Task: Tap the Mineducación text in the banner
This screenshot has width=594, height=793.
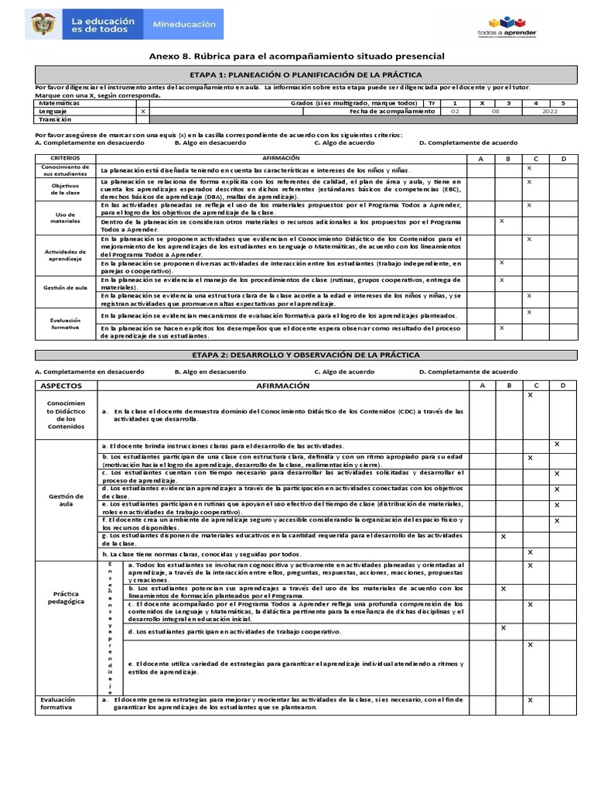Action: pyautogui.click(x=183, y=25)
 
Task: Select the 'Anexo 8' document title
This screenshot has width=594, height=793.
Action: pyautogui.click(x=296, y=57)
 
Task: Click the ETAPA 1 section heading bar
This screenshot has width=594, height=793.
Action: pyautogui.click(x=306, y=74)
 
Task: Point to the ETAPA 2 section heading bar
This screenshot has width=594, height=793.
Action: pyautogui.click(x=306, y=355)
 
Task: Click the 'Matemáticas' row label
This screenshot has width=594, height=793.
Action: pyautogui.click(x=59, y=103)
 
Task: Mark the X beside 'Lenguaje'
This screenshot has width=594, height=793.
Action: pyautogui.click(x=142, y=112)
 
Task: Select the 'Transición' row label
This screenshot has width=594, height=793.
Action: pyautogui.click(x=55, y=119)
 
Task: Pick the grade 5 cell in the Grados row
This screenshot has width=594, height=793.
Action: pyautogui.click(x=563, y=103)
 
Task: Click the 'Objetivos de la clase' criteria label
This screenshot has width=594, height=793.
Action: pyautogui.click(x=66, y=189)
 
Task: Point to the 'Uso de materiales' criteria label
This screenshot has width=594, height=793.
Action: pyautogui.click(x=66, y=217)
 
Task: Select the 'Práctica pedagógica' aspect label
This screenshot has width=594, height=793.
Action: pyautogui.click(x=65, y=597)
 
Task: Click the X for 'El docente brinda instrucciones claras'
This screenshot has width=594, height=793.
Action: pyautogui.click(x=557, y=444)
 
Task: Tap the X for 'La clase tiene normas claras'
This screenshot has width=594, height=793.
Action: pyautogui.click(x=530, y=552)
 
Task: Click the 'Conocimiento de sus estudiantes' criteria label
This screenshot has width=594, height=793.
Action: pyautogui.click(x=66, y=170)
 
